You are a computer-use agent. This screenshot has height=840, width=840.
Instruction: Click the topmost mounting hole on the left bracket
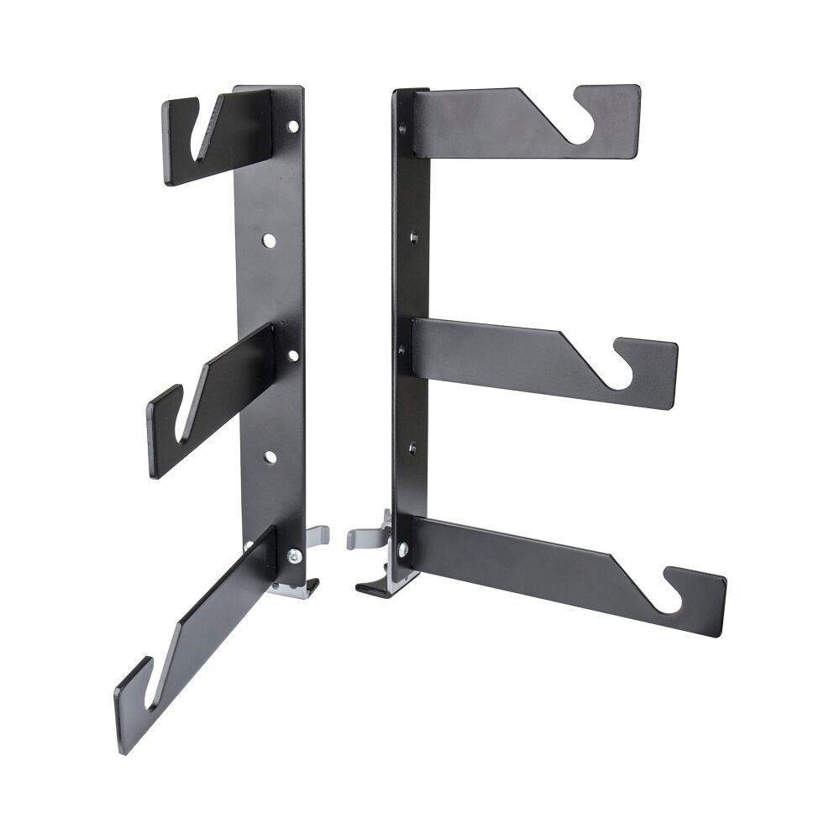[293, 126]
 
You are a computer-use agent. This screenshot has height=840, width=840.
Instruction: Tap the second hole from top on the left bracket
[269, 240]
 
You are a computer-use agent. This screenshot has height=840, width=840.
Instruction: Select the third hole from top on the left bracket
[293, 354]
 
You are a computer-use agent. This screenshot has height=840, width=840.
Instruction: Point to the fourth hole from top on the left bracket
[270, 457]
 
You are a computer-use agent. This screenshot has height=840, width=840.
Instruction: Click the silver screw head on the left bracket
[294, 554]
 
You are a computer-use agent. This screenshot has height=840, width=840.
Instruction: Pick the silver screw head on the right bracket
[403, 549]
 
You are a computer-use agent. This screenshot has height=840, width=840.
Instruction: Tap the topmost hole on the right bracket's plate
[402, 129]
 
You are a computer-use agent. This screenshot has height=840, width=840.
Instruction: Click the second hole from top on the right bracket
[413, 238]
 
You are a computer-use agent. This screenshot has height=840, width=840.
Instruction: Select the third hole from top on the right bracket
[402, 348]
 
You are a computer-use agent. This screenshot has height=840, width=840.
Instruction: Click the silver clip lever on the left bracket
[317, 536]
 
